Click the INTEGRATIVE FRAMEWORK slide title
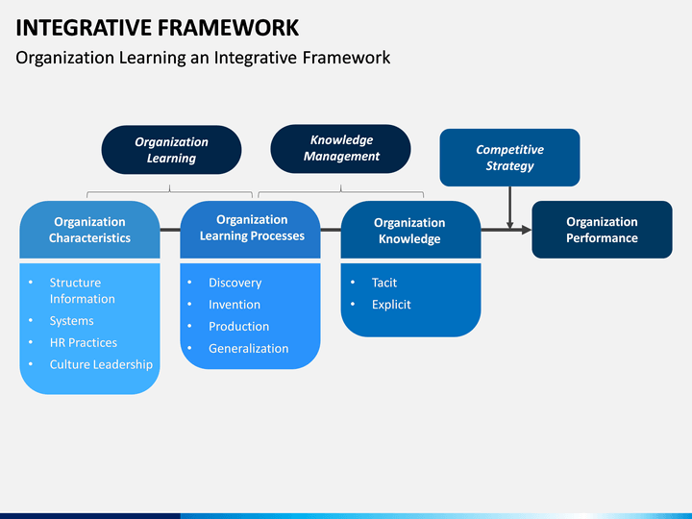coord(157,27)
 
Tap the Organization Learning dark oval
coord(171,150)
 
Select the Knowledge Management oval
coord(340,149)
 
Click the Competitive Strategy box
coord(509,158)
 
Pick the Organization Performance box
coord(602,230)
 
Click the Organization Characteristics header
coord(89,230)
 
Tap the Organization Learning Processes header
coord(250,230)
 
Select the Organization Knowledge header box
coord(411,230)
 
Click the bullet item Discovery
coord(235,283)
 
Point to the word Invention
coord(235,305)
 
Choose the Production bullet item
coord(238,327)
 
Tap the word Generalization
coord(249,349)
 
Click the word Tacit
coord(383,283)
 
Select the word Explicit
coord(391,305)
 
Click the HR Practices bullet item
coord(84,342)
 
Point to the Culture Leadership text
coord(101,364)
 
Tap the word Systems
coord(71,321)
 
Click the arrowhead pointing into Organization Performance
coord(527,230)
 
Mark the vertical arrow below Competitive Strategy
coord(509,208)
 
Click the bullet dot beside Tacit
coord(353,282)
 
